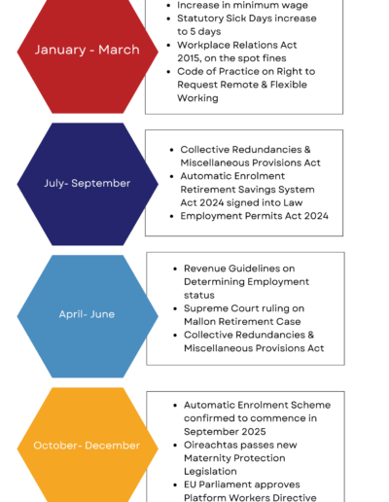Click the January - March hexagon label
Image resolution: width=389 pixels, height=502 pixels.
pos(88,50)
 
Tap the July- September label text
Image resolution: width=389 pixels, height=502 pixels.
pos(88,183)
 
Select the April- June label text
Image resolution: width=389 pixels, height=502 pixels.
pos(87,314)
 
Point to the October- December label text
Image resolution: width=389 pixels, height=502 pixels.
pos(87,446)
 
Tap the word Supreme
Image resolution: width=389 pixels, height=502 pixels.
pos(203,308)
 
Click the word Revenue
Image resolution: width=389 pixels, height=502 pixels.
pos(203,269)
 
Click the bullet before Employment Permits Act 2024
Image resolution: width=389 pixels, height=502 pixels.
pos(172,216)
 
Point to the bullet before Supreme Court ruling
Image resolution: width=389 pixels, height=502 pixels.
pos(175,308)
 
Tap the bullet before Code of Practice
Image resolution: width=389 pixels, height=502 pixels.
pos(168,72)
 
